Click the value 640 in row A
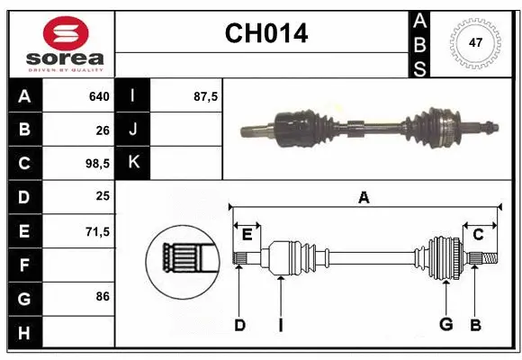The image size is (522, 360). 99,95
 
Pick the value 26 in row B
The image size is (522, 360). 103,130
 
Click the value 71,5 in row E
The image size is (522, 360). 96,232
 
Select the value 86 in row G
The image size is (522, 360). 103,295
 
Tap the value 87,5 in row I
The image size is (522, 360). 206,95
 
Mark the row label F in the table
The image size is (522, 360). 24,265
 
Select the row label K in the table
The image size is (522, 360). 133,164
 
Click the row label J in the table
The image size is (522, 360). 133,130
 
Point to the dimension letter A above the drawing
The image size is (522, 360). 364,198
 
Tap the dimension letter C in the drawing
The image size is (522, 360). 479,234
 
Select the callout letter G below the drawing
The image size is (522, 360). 445,325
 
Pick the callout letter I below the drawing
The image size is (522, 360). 280,325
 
